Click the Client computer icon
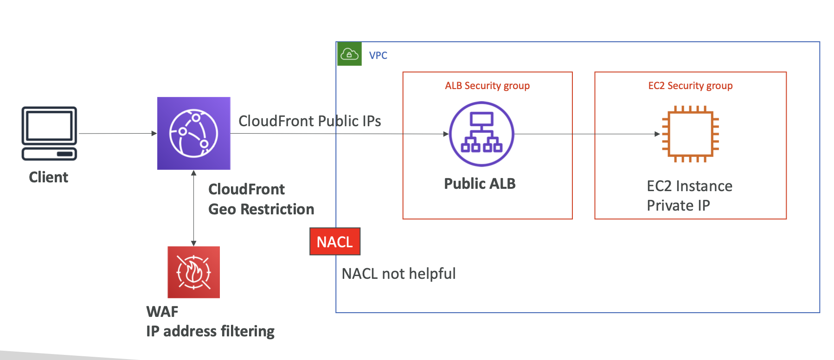(x=49, y=134)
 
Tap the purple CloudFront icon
(x=193, y=133)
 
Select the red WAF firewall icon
(x=193, y=272)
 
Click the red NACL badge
(x=335, y=241)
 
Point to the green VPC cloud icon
(x=349, y=54)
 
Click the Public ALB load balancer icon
(x=481, y=134)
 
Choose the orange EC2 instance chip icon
(x=690, y=134)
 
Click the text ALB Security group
(x=487, y=86)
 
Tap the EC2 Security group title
(x=690, y=86)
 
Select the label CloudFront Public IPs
(x=309, y=121)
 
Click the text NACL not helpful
(x=398, y=274)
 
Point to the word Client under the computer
(x=48, y=177)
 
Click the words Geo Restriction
(x=261, y=209)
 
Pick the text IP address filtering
(x=210, y=331)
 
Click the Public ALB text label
(x=480, y=184)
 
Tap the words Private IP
(x=678, y=206)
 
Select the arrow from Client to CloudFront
(x=118, y=134)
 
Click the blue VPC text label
(x=378, y=56)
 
